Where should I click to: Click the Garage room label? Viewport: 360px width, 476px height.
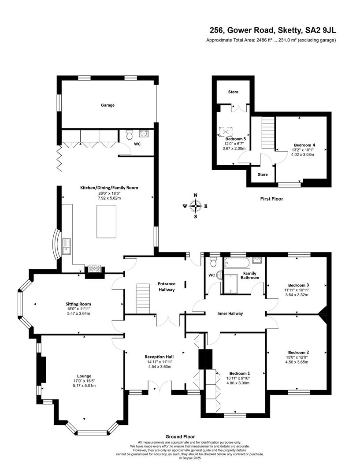[x=108, y=105]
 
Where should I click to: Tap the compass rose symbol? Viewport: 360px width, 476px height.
[x=196, y=206]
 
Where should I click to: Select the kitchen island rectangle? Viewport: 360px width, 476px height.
[x=106, y=222]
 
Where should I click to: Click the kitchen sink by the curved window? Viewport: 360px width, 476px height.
[x=66, y=246]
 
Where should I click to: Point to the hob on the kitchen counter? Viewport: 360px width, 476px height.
[x=94, y=268]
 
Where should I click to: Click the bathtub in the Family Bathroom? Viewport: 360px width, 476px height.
[x=237, y=262]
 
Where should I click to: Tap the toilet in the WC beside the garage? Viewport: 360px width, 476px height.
[x=130, y=134]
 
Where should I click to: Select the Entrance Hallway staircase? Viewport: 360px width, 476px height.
[x=143, y=298]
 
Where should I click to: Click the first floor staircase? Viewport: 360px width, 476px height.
[x=268, y=133]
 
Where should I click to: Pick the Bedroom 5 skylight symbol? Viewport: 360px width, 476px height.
[x=226, y=132]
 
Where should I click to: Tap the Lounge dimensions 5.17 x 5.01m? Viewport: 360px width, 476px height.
[x=84, y=386]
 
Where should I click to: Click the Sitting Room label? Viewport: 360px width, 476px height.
[x=78, y=304]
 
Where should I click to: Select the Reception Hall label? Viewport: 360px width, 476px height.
[x=159, y=357]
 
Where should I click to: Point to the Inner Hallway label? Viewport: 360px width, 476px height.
[x=230, y=314]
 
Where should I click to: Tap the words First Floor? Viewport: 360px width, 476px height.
[x=272, y=199]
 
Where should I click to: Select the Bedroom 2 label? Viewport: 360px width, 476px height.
[x=299, y=353]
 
